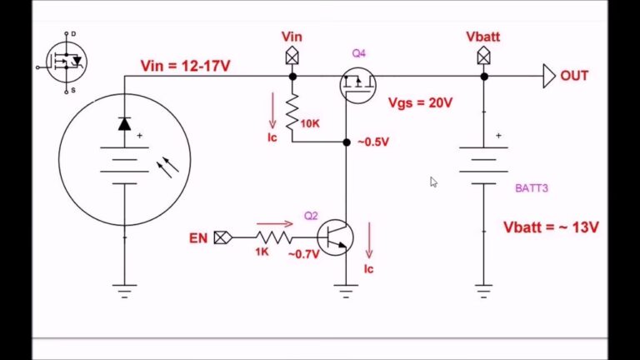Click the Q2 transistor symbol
coord(335,237)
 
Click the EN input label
coord(198,238)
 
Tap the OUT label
coord(574,76)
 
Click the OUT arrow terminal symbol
coord(548,76)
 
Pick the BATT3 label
coord(532,188)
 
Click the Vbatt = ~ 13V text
coord(552,227)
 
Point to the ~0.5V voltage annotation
coord(373,142)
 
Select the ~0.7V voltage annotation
coord(303,254)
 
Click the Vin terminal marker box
coord(292,56)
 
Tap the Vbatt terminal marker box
coord(483,56)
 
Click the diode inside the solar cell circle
coord(124,124)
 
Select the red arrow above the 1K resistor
coord(274,223)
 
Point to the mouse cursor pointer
coord(433,181)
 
